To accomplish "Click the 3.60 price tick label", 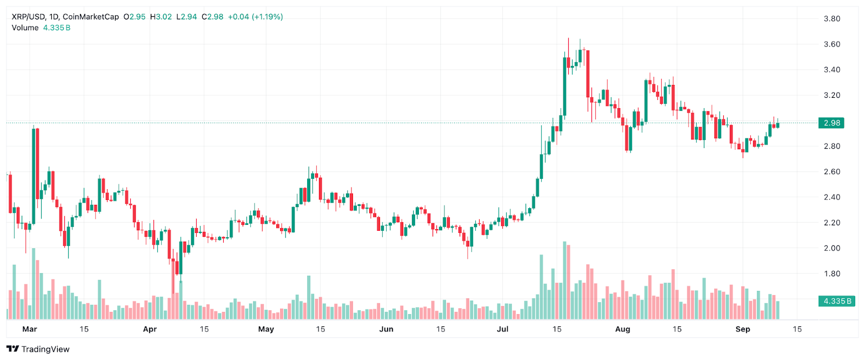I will point(831,44).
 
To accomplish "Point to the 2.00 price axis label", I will point(831,248).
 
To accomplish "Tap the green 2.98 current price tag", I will point(831,123).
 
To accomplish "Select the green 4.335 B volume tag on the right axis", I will point(837,301).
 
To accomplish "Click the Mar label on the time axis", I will point(30,329).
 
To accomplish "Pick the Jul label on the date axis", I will point(503,329).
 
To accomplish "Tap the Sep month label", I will point(743,329).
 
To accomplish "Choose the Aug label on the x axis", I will point(623,329).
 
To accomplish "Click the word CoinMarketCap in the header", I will point(91,17).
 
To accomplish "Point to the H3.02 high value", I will point(161,17).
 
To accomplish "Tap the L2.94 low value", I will point(187,17).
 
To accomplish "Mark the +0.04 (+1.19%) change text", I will point(255,17).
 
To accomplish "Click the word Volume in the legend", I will point(25,28).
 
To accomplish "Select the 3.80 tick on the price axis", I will point(831,19).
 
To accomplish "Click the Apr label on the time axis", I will point(150,329).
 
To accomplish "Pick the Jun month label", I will point(386,329).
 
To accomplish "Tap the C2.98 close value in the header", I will point(212,17).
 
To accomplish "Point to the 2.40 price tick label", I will point(831,197).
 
